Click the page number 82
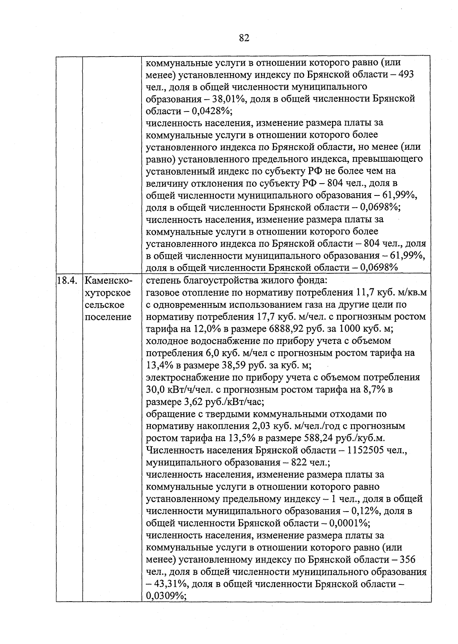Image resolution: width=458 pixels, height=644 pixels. click(x=244, y=37)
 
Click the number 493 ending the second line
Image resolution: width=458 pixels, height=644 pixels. click(x=406, y=74)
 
